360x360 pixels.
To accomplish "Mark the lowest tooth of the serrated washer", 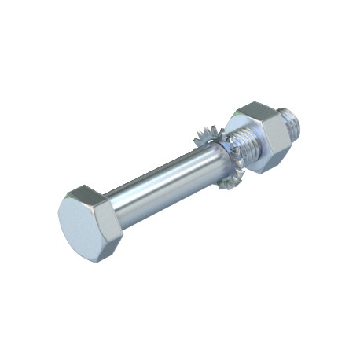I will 229,187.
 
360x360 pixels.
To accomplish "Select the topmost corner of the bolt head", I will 81,187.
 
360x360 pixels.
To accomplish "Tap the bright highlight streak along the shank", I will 157,176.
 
